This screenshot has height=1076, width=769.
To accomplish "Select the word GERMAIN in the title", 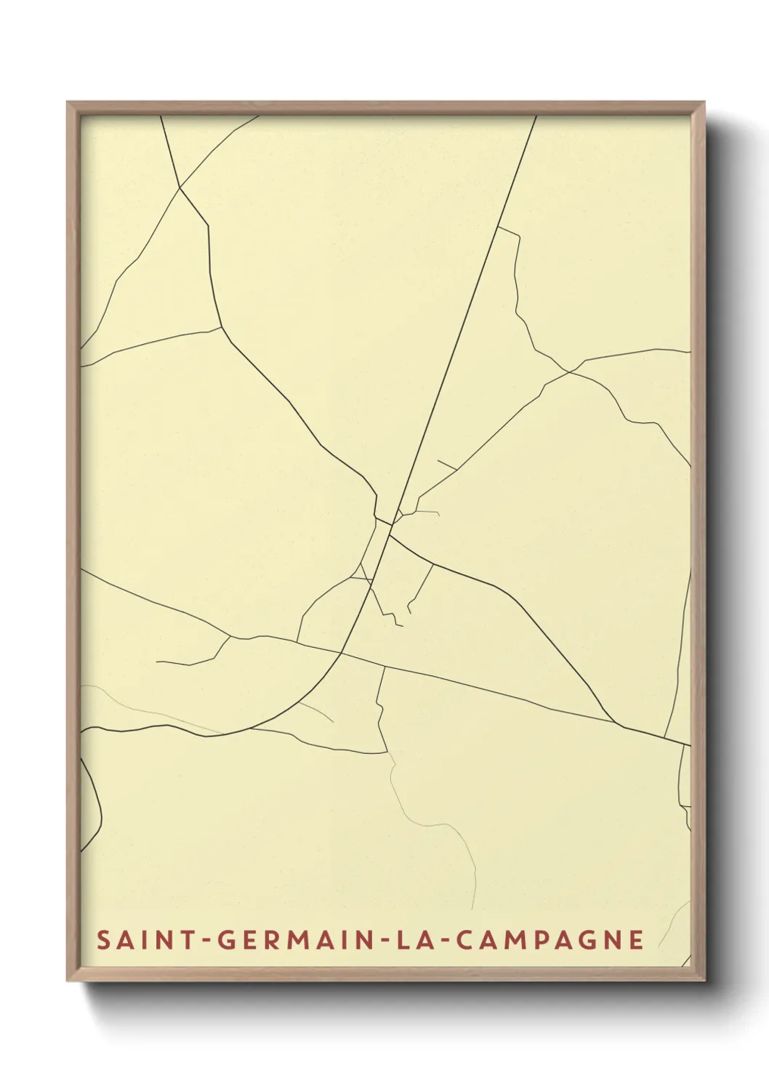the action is tap(294, 940).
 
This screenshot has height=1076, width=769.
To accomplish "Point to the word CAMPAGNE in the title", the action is tap(551, 940).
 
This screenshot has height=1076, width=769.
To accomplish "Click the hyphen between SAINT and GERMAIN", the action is tap(206, 941).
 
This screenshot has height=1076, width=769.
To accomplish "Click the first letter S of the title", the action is tap(103, 940).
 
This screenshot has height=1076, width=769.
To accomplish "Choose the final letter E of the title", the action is tap(637, 940).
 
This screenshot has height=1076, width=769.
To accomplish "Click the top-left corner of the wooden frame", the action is tap(68, 103).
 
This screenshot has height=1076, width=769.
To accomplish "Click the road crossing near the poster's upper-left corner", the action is tap(180, 188).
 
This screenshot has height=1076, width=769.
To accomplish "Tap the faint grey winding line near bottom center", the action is tap(436, 824).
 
